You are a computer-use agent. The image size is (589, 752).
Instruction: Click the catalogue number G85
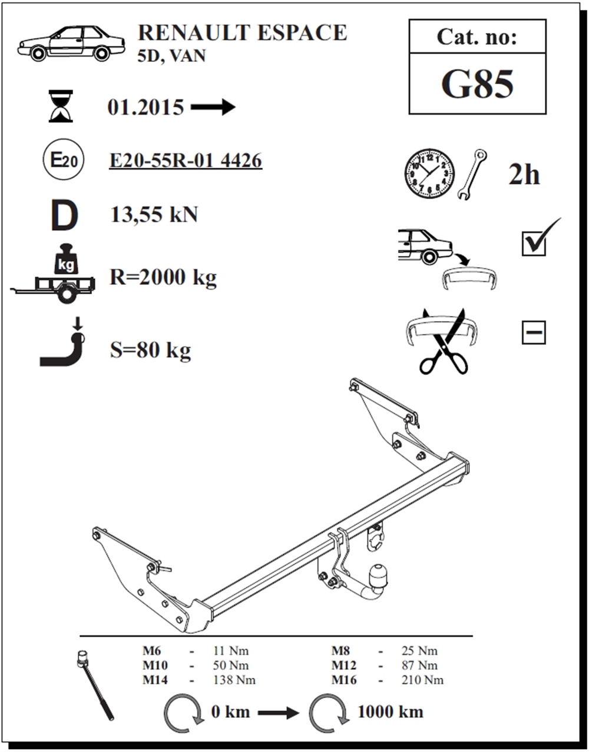coord(477,84)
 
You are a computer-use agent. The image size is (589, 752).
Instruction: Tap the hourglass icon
coord(61,106)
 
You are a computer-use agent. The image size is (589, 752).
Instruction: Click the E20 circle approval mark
coord(64,159)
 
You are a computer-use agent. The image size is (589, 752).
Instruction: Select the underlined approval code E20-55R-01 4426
coord(186,161)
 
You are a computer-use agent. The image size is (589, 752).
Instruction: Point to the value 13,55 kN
coord(154,214)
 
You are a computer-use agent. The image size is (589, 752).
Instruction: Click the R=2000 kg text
coord(163,277)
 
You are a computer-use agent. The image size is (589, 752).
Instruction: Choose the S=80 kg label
coord(150,350)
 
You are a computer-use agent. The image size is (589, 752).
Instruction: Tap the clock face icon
coord(429,174)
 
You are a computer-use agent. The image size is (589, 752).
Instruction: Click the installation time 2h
coord(524,175)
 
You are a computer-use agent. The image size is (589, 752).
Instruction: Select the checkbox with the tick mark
coord(534,244)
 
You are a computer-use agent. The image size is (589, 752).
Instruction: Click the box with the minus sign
coord(534,332)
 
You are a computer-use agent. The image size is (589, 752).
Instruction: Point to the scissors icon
coord(445,342)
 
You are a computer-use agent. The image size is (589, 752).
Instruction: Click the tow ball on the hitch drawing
coord(379,576)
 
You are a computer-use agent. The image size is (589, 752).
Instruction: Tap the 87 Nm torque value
coord(419,665)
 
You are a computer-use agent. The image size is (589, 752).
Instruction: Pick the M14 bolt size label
coord(155,680)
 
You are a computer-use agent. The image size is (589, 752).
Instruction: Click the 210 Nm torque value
coord(422,680)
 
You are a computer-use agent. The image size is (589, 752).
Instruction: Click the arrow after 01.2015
coord(213,107)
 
